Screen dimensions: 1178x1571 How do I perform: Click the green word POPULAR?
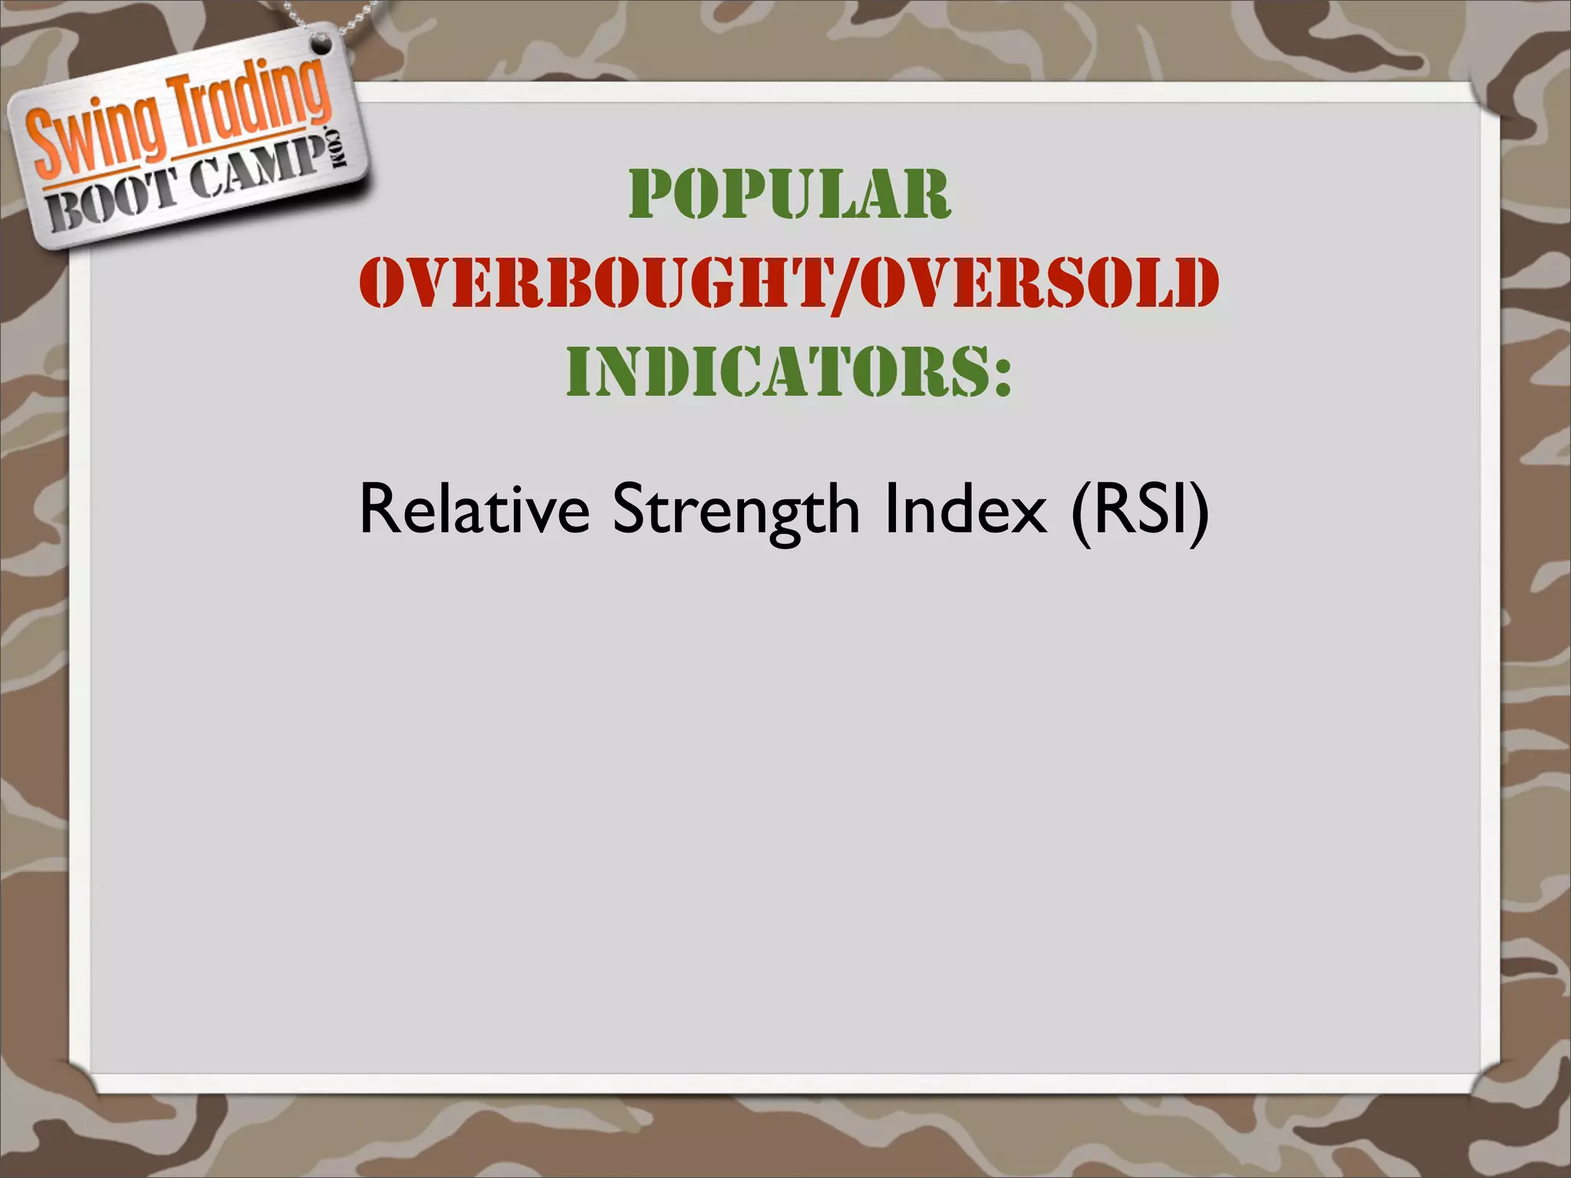(x=789, y=195)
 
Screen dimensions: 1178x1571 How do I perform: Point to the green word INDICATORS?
(x=775, y=371)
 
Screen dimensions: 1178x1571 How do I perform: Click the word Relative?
(x=474, y=510)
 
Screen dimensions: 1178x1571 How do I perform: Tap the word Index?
(x=964, y=510)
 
